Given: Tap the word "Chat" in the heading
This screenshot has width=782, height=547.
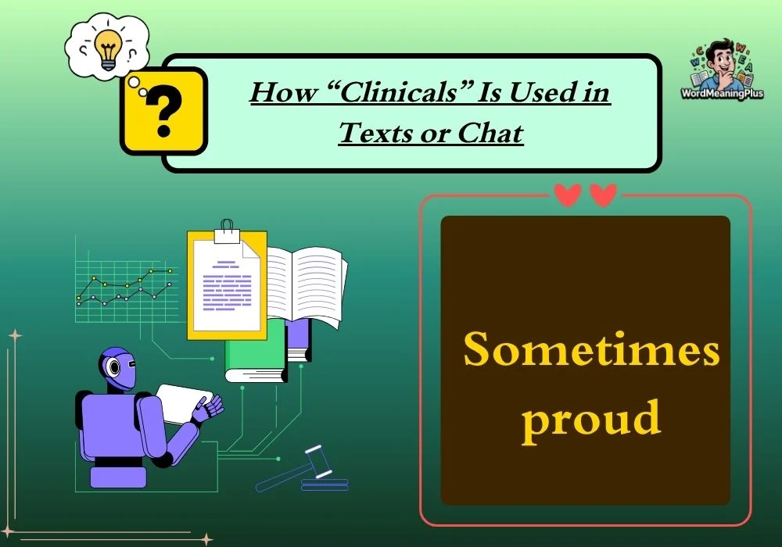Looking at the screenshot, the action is (490, 133).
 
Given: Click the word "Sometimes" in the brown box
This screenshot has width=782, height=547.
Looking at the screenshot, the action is (591, 349).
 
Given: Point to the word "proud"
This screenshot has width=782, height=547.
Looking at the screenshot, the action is (591, 417).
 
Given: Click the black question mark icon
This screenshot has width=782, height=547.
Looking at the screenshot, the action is (164, 110).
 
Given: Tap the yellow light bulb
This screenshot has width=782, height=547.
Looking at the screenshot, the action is (108, 48).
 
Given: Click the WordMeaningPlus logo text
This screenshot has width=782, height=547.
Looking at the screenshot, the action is (722, 93).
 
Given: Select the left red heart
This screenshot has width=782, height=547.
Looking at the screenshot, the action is (568, 195).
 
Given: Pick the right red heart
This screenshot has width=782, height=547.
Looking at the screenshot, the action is (604, 195).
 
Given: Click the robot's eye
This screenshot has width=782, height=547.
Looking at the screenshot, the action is (114, 367).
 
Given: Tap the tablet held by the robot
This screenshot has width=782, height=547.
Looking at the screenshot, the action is (183, 402).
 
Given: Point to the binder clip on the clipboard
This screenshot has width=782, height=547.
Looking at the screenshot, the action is (227, 231).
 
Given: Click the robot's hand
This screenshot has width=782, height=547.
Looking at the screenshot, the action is (209, 406).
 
